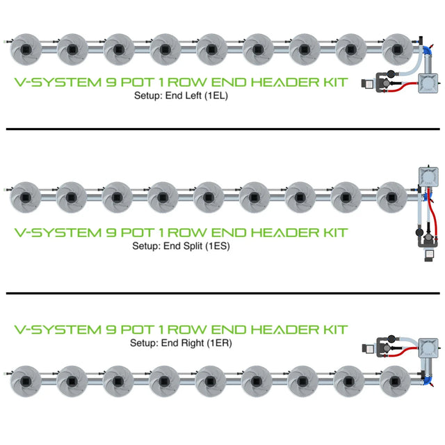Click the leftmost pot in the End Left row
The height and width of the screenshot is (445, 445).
[x=26, y=49]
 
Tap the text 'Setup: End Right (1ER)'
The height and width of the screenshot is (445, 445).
[x=181, y=343]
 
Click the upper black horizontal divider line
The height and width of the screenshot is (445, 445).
[x=222, y=129]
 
